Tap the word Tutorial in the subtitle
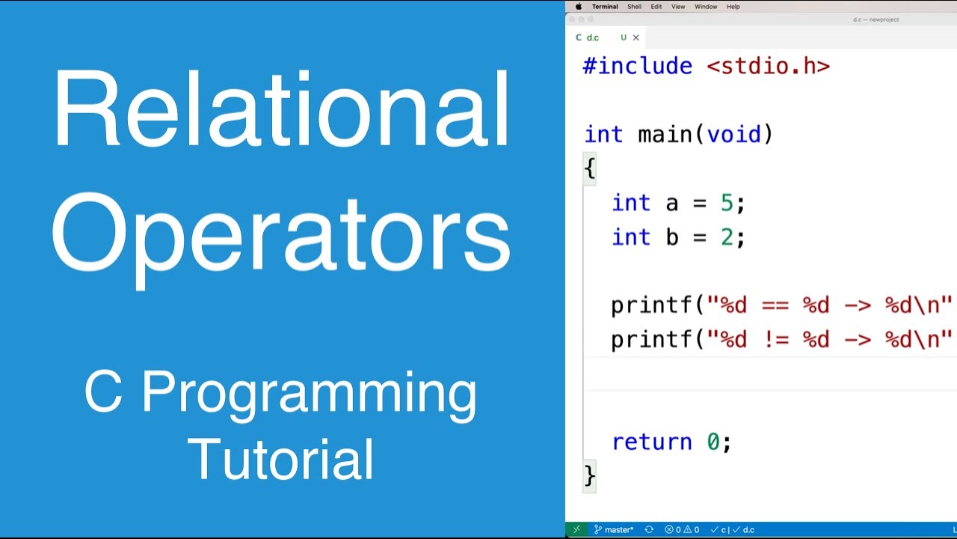point(281,458)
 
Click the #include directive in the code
point(638,66)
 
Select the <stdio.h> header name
point(769,66)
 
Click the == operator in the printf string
point(775,305)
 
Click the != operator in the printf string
point(775,340)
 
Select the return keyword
point(652,442)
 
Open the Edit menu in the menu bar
point(656,7)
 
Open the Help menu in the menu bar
point(733,7)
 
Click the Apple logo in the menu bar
point(578,7)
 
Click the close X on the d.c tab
point(636,37)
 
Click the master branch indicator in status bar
point(614,530)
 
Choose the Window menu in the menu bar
point(706,7)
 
